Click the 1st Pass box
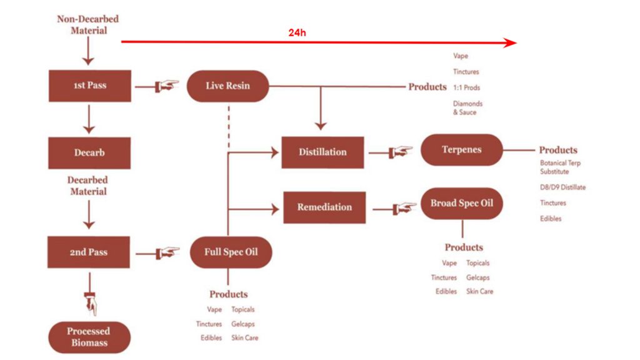point(89,86)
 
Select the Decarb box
point(89,152)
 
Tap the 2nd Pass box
point(89,252)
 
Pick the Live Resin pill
point(227,86)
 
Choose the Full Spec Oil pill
point(231,252)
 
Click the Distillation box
point(322,152)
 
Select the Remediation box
point(324,207)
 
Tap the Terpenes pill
point(461,150)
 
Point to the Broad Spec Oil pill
point(461,204)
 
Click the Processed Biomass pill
point(89,337)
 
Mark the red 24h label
point(297,32)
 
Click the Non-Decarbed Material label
point(88,24)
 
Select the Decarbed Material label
point(88,186)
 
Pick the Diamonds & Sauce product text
point(467,108)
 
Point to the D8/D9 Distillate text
point(562,187)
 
